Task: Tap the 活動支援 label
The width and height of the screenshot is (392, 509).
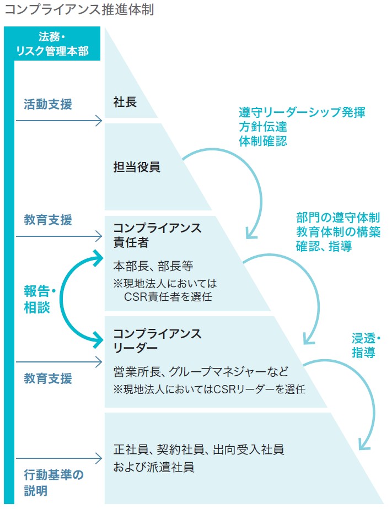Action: pyautogui.click(x=47, y=104)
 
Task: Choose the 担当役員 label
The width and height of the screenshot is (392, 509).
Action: pyautogui.click(x=137, y=167)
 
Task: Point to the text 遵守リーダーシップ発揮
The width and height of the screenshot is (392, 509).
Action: pyautogui.click(x=302, y=112)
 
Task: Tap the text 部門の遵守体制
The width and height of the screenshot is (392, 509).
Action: pyautogui.click(x=337, y=218)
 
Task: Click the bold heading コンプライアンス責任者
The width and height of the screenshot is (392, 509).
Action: pyautogui.click(x=157, y=235)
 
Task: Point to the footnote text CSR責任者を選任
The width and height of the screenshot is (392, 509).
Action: pyautogui.click(x=168, y=297)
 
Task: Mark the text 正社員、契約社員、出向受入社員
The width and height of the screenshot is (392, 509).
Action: pyautogui.click(x=198, y=450)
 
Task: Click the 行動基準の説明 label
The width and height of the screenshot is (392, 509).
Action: pyautogui.click(x=53, y=482)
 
